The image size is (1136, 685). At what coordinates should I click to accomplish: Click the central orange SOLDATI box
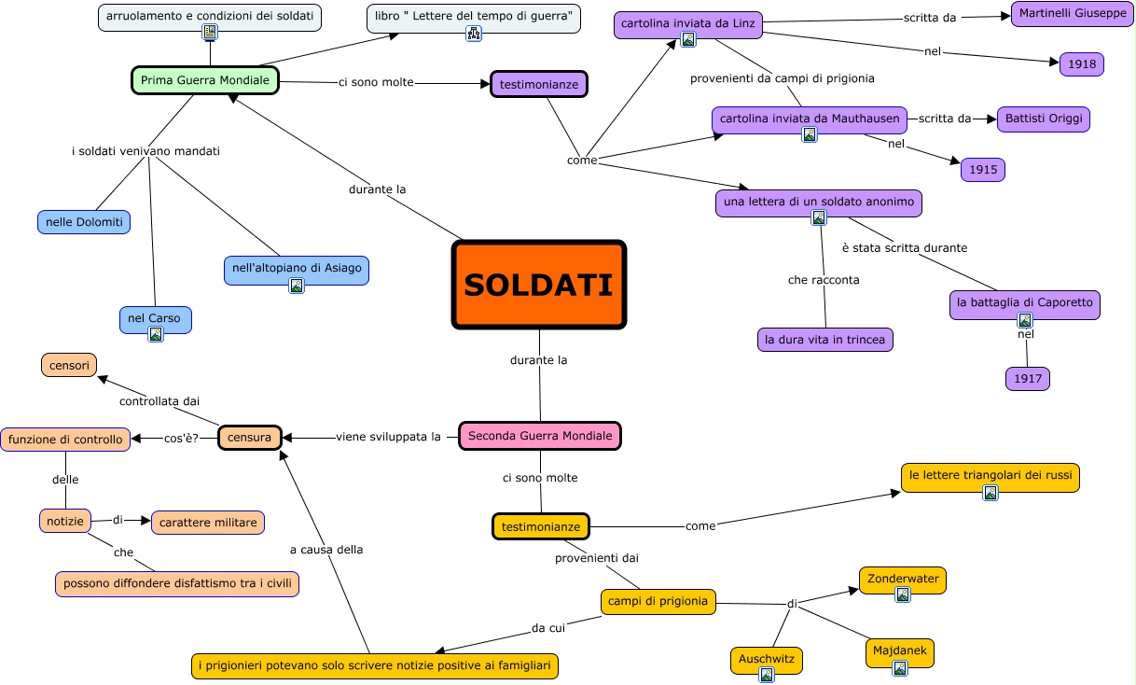[539, 285]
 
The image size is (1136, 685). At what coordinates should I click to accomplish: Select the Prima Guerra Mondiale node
[205, 80]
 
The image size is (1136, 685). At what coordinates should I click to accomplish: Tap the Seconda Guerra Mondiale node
[540, 436]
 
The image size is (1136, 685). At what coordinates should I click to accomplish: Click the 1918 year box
[1082, 64]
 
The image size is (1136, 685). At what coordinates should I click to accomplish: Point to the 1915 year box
[983, 170]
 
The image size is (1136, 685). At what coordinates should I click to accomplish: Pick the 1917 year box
[1028, 379]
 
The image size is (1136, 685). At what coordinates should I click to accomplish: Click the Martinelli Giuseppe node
[1072, 14]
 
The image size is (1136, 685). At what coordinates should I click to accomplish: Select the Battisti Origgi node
[1043, 119]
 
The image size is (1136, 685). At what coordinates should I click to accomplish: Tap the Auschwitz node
[766, 658]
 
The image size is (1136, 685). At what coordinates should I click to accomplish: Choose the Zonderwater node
[902, 578]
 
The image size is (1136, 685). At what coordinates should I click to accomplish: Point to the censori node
[69, 365]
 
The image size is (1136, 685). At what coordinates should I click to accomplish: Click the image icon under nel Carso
[156, 334]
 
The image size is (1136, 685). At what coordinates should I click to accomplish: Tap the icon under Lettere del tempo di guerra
[474, 34]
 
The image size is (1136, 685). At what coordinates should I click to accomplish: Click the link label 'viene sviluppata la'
[388, 437]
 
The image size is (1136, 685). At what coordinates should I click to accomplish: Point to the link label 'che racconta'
[824, 280]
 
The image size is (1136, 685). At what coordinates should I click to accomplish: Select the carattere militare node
[207, 523]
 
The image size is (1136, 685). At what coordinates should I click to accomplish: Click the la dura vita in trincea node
[824, 340]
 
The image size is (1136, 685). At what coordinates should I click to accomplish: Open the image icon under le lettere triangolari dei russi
[991, 493]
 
